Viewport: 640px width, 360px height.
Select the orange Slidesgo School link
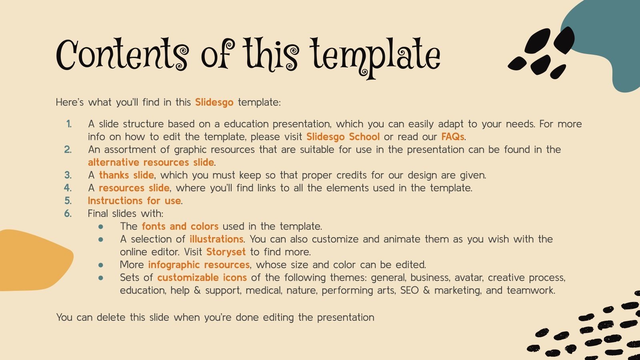[x=343, y=137]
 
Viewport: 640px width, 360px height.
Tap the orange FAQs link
[x=452, y=137]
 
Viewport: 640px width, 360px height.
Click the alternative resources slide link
[x=151, y=162]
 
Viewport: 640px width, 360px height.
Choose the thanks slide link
[x=126, y=175]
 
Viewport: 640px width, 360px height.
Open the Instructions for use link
[x=134, y=201]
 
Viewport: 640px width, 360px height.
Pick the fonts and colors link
[x=180, y=226]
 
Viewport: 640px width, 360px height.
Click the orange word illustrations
[x=216, y=239]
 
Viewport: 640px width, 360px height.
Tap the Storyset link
[x=226, y=252]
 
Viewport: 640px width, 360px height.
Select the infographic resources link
[x=199, y=265]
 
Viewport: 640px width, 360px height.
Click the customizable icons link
[x=202, y=278]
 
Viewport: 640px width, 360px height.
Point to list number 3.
[x=68, y=175]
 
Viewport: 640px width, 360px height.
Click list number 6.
[x=68, y=214]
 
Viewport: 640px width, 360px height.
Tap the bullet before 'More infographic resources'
[x=101, y=265]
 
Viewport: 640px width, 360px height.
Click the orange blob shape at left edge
[x=32, y=260]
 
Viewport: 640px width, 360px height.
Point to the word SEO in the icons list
[x=409, y=290]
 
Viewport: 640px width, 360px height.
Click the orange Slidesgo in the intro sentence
[x=214, y=102]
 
